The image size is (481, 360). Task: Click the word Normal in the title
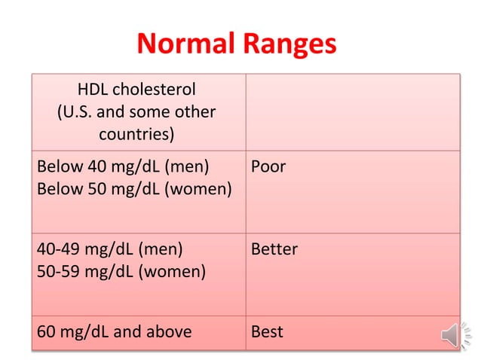186,45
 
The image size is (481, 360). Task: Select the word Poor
268,166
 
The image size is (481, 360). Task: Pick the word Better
274,249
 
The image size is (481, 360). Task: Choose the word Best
267,331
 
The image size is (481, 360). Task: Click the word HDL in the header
94,90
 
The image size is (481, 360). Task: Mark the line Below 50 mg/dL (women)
134,189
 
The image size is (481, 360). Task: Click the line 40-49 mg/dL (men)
110,249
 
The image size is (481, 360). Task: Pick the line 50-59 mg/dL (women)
121,271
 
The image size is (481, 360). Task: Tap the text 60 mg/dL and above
114,331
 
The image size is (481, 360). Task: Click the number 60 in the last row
47,331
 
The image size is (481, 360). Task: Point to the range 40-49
60,249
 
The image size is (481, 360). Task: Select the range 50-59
60,271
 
